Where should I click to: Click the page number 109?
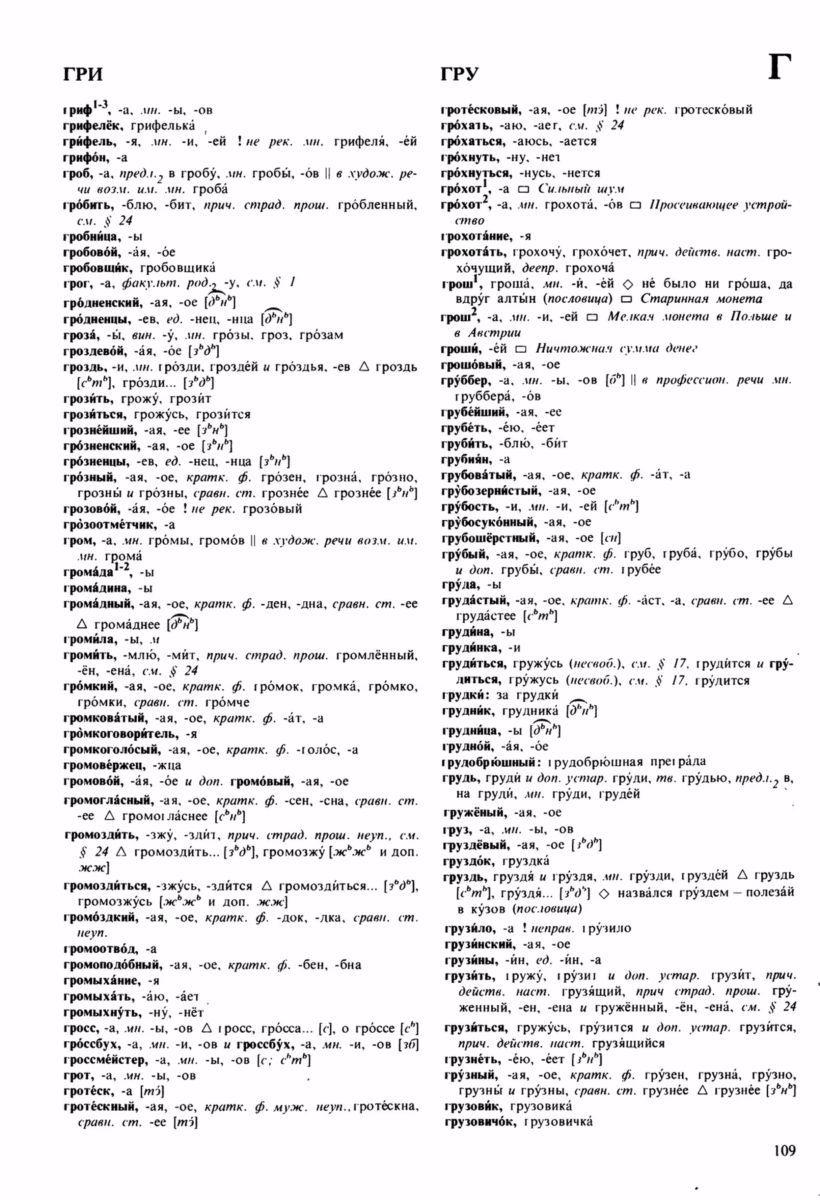click(785, 1151)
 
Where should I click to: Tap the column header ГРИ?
click(83, 73)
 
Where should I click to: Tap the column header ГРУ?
click(459, 73)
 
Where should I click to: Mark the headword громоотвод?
click(101, 948)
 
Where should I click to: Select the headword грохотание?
click(475, 236)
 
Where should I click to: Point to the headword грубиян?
click(465, 459)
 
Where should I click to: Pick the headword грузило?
click(467, 928)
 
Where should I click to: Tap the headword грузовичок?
click(479, 1121)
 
